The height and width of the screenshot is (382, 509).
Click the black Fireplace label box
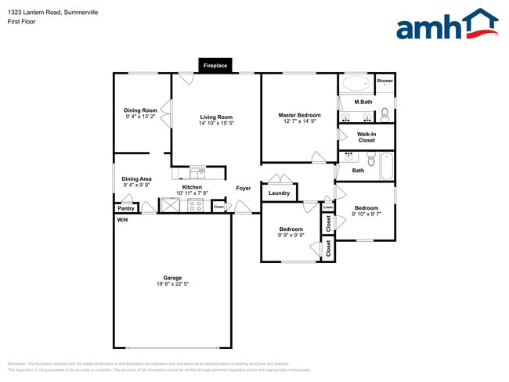click(215, 66)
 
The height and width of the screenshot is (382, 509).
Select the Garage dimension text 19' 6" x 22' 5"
click(172, 283)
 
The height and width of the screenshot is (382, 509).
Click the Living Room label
click(216, 117)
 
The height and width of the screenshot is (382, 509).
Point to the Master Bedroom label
click(300, 115)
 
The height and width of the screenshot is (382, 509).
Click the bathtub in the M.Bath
click(356, 84)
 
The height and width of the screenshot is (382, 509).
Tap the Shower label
click(384, 81)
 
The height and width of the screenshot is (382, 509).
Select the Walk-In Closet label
click(366, 137)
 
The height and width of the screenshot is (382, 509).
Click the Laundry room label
click(279, 193)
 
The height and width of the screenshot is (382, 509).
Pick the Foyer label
click(244, 188)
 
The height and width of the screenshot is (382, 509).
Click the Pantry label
click(125, 208)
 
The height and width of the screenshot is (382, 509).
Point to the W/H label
click(122, 220)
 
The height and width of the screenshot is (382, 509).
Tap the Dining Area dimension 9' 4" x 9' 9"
click(136, 186)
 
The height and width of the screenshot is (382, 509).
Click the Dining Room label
click(141, 110)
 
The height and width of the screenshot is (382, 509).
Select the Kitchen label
click(192, 187)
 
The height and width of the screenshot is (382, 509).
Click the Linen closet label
click(327, 207)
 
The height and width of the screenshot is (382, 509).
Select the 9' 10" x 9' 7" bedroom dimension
click(366, 214)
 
